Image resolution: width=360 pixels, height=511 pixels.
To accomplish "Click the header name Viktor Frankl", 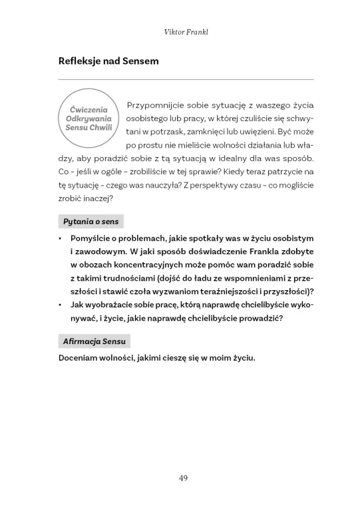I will [180, 31].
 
